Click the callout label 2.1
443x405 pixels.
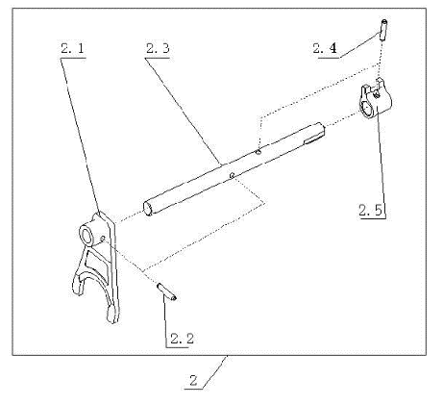pyautogui.click(x=72, y=48)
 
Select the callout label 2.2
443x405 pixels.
pyautogui.click(x=182, y=339)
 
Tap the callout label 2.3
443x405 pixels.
pyautogui.click(x=158, y=48)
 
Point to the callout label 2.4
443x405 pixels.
pyautogui.click(x=325, y=48)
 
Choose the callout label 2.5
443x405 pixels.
pyautogui.click(x=371, y=211)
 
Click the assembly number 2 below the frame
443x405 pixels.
pyautogui.click(x=193, y=381)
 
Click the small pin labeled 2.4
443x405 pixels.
pyautogui.click(x=383, y=30)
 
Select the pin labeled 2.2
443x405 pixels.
pyautogui.click(x=166, y=291)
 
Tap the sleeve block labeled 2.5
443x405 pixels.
pyautogui.click(x=376, y=98)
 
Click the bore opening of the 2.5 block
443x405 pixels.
pyautogui.click(x=365, y=109)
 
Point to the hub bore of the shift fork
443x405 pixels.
pyautogui.click(x=86, y=235)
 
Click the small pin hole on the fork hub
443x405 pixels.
pyautogui.click(x=103, y=239)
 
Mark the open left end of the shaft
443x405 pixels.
pyautogui.click(x=148, y=209)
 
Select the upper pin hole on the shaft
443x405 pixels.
pyautogui.click(x=258, y=151)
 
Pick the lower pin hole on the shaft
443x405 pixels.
pyautogui.click(x=233, y=175)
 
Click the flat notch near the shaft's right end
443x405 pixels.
pyautogui.click(x=314, y=139)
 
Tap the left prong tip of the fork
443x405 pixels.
pyautogui.click(x=76, y=287)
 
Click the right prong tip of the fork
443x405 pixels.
pyautogui.click(x=111, y=315)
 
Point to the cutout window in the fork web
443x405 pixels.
pyautogui.click(x=96, y=262)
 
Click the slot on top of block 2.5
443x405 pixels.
pyautogui.click(x=375, y=85)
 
